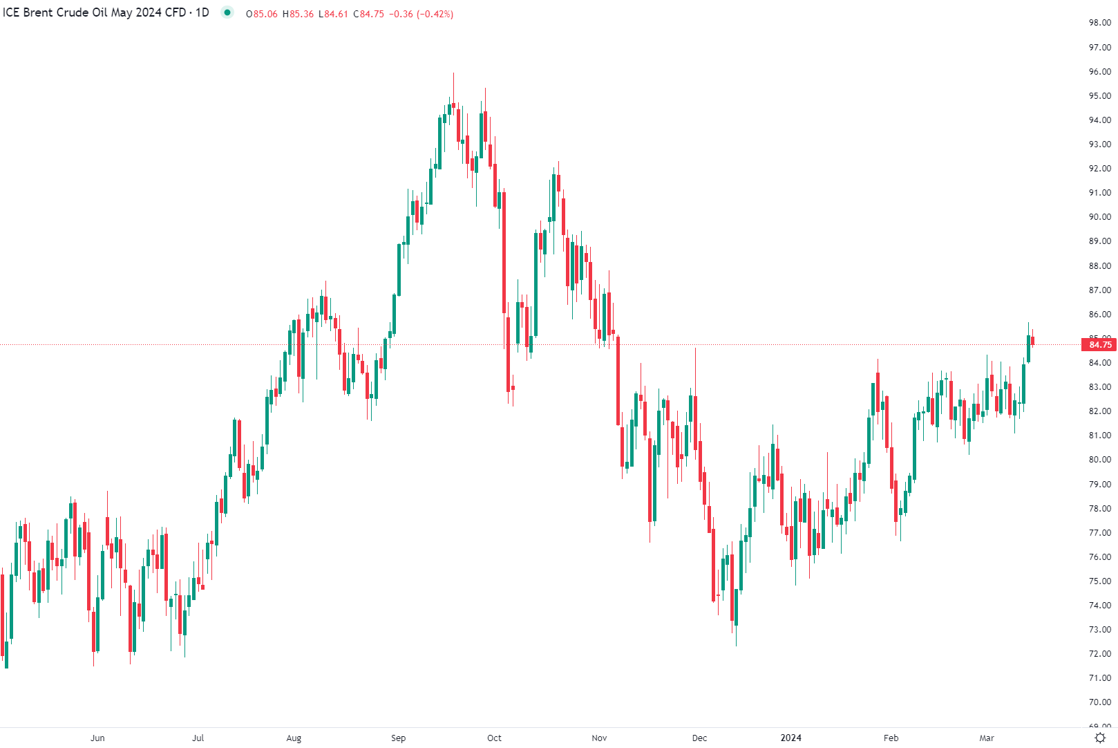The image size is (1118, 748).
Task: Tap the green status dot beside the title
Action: pyautogui.click(x=227, y=12)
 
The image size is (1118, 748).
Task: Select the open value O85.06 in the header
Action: pyautogui.click(x=262, y=14)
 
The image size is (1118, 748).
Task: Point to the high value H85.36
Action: pyautogui.click(x=298, y=14)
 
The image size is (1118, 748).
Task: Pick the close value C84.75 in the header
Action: pyautogui.click(x=369, y=14)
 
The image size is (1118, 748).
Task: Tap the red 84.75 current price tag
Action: pyautogui.click(x=1099, y=345)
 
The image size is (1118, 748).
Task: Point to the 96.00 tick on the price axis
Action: pyautogui.click(x=1099, y=72)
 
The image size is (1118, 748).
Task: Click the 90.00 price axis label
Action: pyautogui.click(x=1099, y=217)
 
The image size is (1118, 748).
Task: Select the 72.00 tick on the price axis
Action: pyautogui.click(x=1099, y=654)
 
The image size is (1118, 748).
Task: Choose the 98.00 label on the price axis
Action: pyautogui.click(x=1099, y=23)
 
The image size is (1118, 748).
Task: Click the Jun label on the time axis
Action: pyautogui.click(x=97, y=738)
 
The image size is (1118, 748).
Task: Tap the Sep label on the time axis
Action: pyautogui.click(x=398, y=738)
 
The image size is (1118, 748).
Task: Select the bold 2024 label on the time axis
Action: pyautogui.click(x=790, y=738)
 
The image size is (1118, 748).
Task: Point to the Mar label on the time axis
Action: pyautogui.click(x=986, y=738)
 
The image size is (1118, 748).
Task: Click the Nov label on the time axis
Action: pyautogui.click(x=599, y=738)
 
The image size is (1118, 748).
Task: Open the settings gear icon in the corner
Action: pyautogui.click(x=1100, y=738)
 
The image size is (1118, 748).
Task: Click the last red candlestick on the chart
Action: pyautogui.click(x=1032, y=341)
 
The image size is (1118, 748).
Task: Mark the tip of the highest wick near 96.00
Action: pyautogui.click(x=453, y=73)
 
